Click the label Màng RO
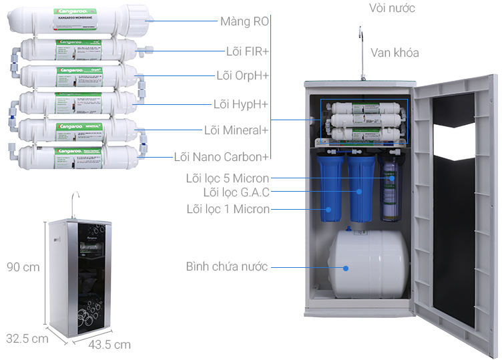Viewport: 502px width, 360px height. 244,21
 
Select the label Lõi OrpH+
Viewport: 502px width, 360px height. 242,75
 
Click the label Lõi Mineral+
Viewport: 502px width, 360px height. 236,130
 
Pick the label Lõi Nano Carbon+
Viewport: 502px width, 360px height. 221,157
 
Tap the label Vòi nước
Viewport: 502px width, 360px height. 392,8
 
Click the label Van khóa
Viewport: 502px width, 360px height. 395,53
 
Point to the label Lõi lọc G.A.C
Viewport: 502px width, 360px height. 236,192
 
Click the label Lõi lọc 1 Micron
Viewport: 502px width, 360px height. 228,209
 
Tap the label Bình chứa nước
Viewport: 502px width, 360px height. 226,266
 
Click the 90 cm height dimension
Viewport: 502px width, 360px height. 23,267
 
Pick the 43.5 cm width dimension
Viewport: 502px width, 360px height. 109,345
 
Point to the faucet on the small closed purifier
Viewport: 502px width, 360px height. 75,200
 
